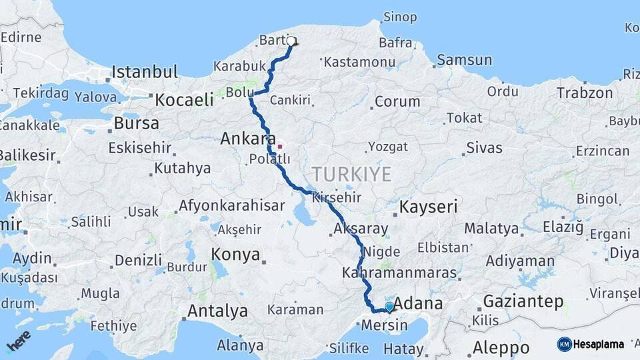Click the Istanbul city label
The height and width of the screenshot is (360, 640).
(145, 72)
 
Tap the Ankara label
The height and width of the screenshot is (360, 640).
(248, 139)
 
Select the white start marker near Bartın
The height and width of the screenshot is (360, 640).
(291, 41)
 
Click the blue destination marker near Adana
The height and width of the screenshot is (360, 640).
(389, 307)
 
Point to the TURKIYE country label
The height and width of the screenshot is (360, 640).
(351, 175)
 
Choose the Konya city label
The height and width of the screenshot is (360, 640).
(235, 254)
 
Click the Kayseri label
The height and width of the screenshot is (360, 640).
(429, 207)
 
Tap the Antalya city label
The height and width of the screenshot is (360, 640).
(217, 311)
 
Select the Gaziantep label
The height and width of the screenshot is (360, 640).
(523, 301)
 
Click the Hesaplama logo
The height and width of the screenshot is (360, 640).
(591, 344)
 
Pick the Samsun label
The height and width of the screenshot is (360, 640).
(466, 60)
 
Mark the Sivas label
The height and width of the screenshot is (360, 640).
(484, 147)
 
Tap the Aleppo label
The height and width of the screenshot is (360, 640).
(501, 347)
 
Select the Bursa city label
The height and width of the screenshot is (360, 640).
(137, 123)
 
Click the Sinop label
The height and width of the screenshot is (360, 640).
(400, 17)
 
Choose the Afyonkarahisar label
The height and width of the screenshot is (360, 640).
(231, 205)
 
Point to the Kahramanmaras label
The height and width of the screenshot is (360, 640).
(399, 273)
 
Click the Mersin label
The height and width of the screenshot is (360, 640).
(384, 326)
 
